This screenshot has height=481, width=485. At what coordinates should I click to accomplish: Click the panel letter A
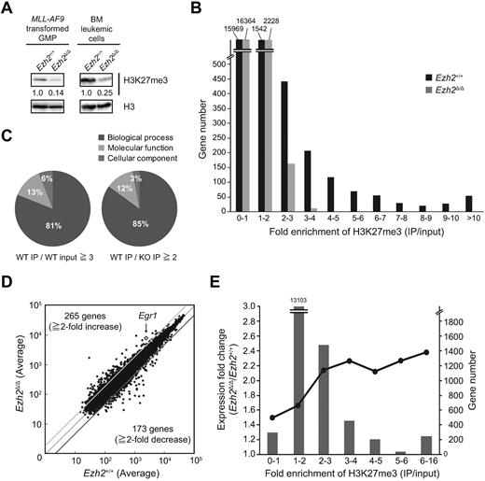tap(8, 9)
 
